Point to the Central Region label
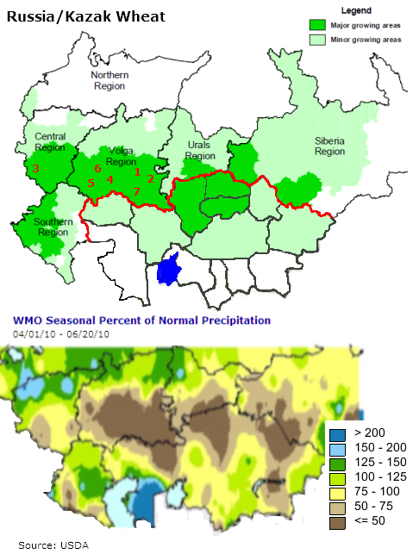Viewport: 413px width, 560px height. pos(49,142)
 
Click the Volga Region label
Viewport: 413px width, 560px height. pos(121,155)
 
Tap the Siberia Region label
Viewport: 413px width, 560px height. pos(329,146)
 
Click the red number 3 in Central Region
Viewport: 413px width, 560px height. pos(35,168)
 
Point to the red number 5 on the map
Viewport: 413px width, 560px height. pos(91,183)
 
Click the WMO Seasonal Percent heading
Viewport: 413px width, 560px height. pos(141,320)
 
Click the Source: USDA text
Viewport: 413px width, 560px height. pos(53,545)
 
